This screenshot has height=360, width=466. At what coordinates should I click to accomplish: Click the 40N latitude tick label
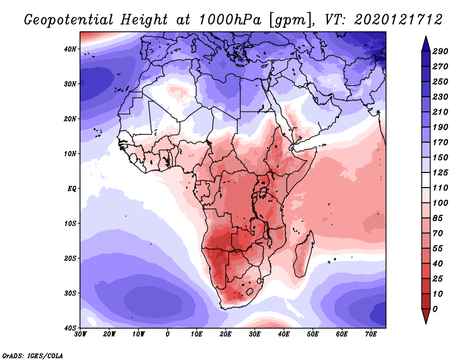(70, 49)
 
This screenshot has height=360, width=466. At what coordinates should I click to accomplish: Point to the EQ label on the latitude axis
(71, 189)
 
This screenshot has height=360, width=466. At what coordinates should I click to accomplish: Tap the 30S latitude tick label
(70, 293)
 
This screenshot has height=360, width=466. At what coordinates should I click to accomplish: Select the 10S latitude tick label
(70, 224)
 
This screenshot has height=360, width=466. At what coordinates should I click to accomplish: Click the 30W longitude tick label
(81, 334)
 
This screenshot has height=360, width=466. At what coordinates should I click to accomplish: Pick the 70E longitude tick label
(371, 334)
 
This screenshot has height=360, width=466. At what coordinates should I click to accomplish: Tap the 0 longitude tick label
(168, 334)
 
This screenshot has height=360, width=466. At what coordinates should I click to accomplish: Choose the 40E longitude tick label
(284, 334)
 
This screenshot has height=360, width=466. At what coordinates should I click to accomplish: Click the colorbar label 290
(441, 52)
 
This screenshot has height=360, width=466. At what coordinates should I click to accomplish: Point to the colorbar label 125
(441, 172)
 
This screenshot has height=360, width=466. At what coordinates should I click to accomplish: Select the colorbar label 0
(436, 308)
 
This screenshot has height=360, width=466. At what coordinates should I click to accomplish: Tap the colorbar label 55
(439, 248)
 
